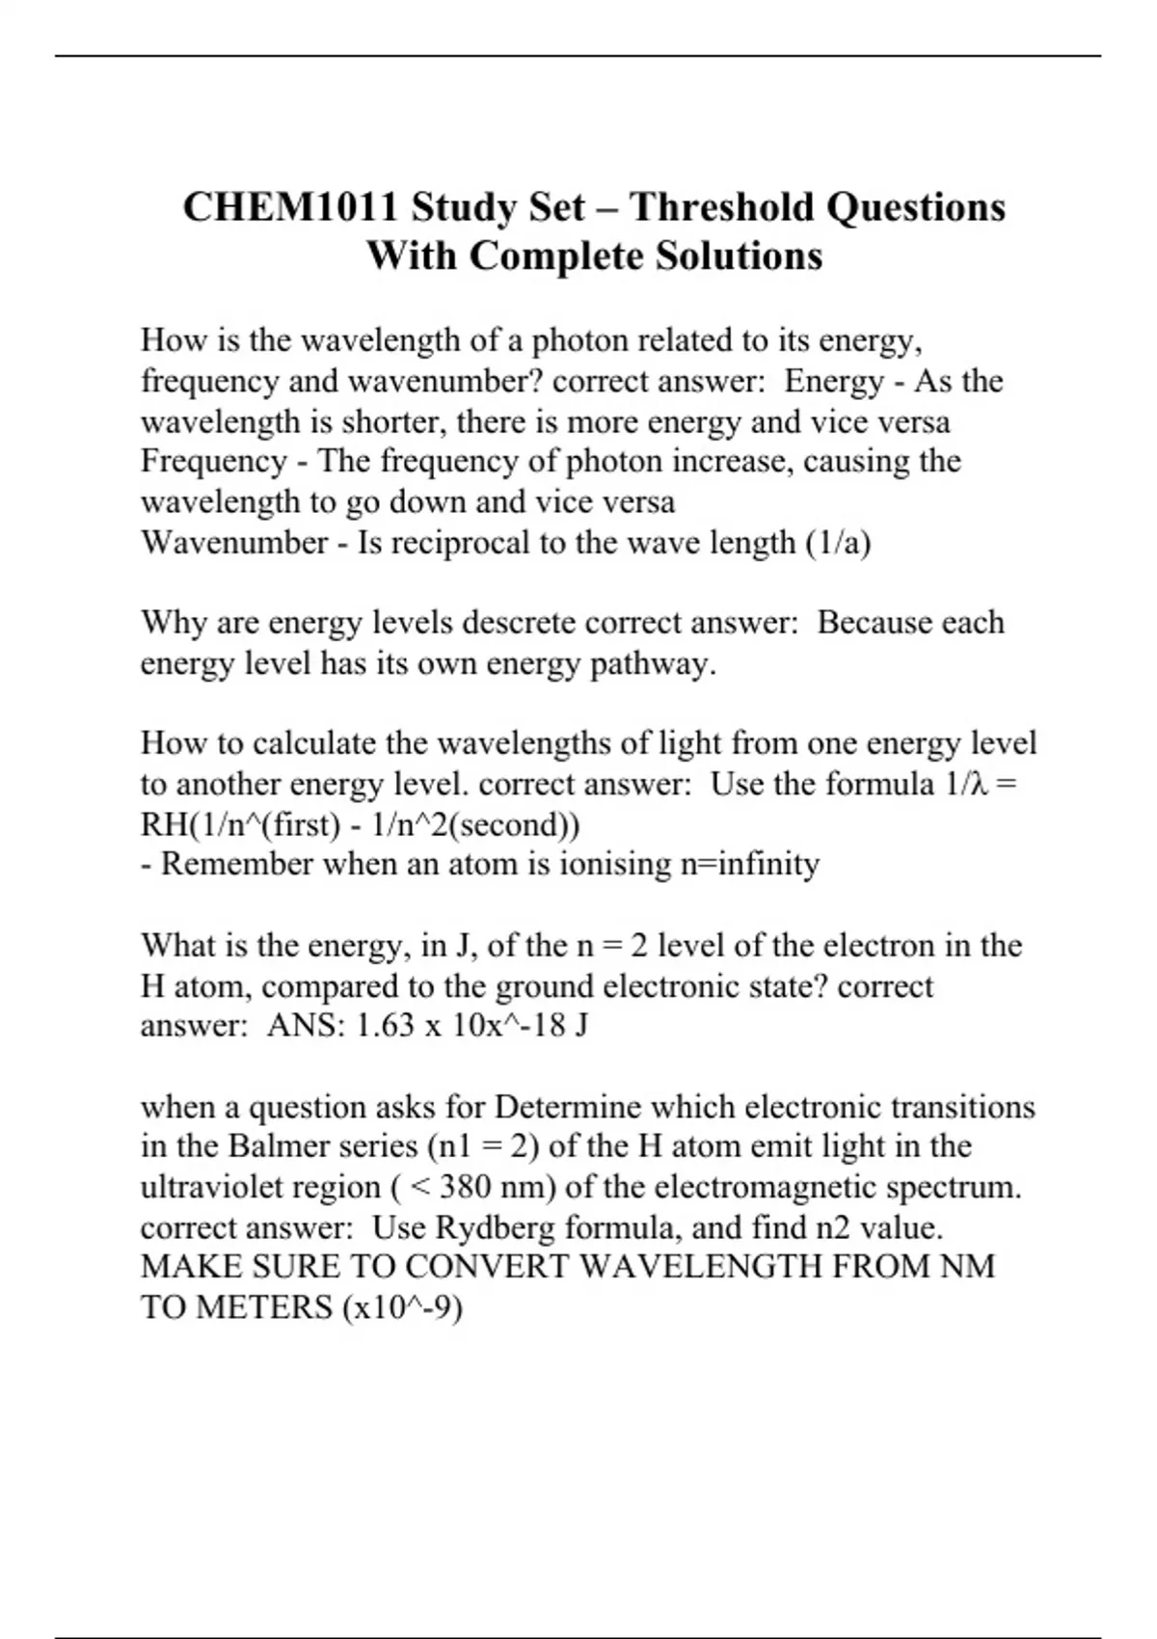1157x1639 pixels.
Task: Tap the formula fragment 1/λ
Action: click(962, 784)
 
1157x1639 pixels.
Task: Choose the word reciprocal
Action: click(444, 543)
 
